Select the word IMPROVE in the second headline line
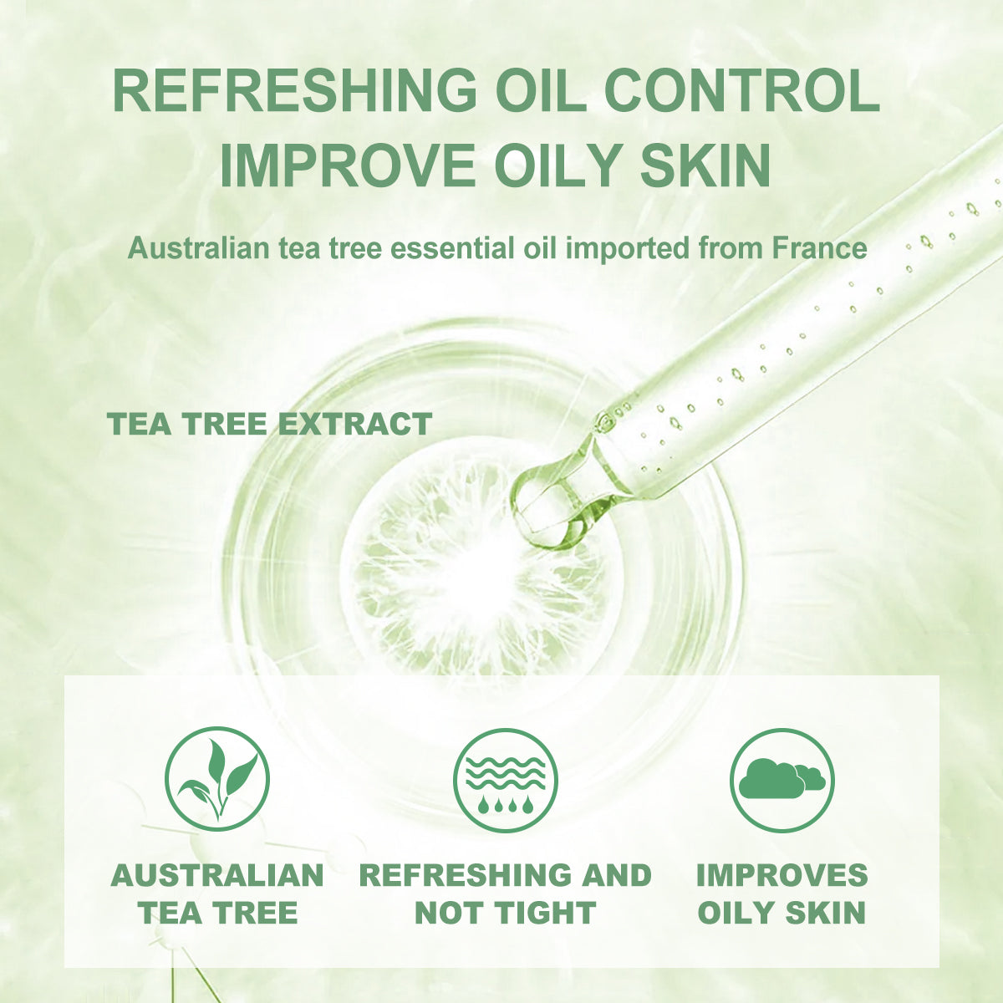348,165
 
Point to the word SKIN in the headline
705,165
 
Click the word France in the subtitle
819,248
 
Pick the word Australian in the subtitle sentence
199,248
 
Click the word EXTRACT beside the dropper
355,424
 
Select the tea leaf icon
217,779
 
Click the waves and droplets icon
506,779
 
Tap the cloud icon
782,779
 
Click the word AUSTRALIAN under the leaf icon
217,875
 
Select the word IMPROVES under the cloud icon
782,875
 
